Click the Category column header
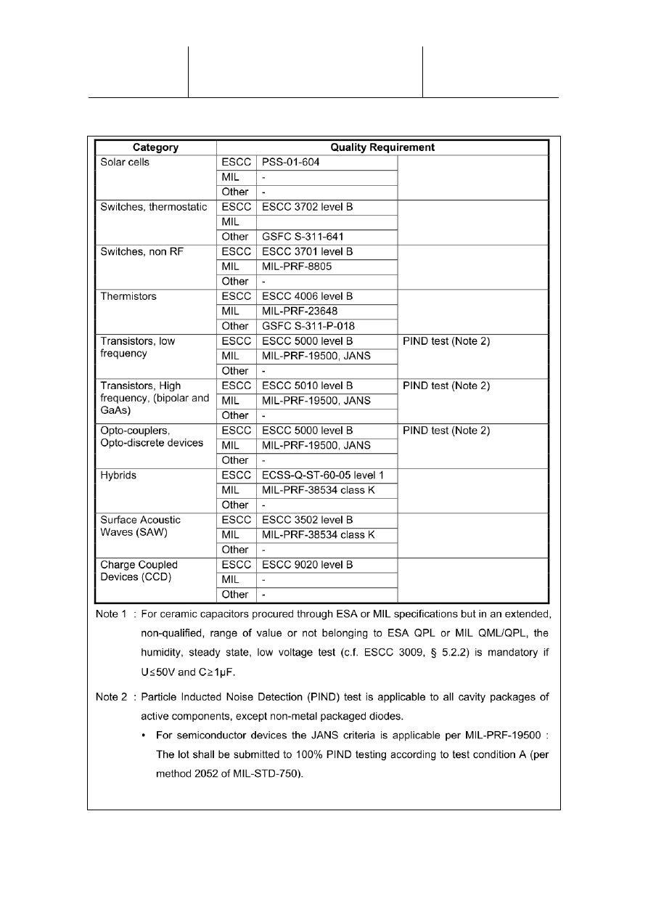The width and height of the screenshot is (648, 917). coord(156,147)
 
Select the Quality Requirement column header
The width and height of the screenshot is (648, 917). coord(382,147)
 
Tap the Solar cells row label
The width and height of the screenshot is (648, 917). coord(124,163)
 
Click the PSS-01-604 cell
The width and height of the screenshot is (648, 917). coord(291,163)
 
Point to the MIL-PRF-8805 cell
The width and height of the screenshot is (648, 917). coord(297,266)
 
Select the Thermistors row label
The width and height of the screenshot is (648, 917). coord(128,296)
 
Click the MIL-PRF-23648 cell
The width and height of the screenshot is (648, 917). coord(300,311)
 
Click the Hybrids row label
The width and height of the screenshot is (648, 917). coord(118,475)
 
